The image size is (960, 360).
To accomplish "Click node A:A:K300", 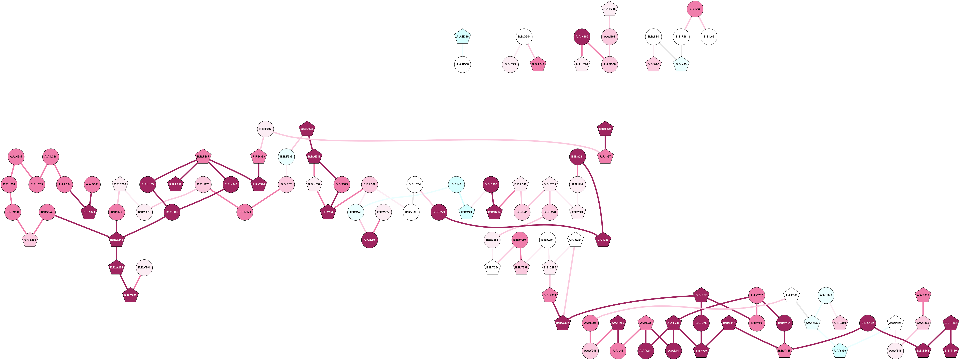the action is click(x=582, y=36).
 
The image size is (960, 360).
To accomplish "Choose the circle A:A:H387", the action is click(x=16, y=156).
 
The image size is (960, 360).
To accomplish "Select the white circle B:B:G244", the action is click(x=524, y=36).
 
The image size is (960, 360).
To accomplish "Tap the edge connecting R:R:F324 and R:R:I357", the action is click(x=605, y=143).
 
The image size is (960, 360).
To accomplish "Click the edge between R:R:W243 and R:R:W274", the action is click(x=117, y=253).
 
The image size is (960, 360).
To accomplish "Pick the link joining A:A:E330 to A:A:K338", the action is click(x=463, y=50).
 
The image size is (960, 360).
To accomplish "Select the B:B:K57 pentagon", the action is click(x=701, y=295).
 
